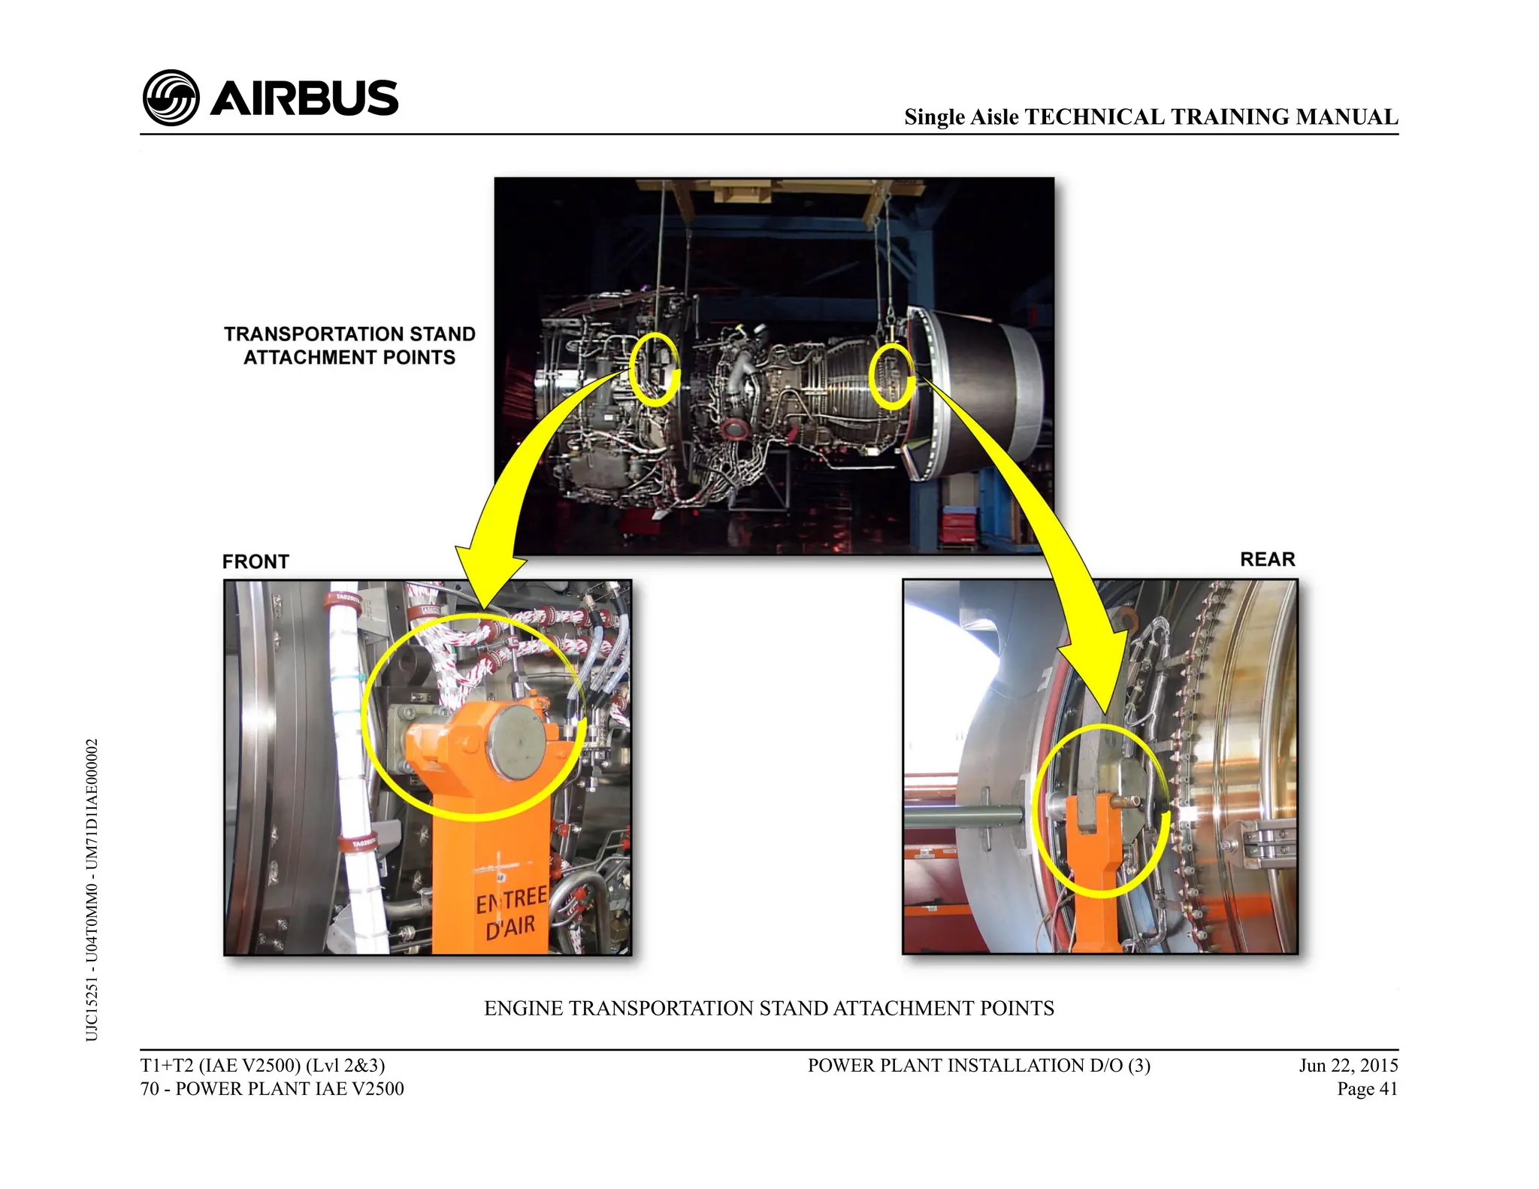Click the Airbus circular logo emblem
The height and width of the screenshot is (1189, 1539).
(x=171, y=98)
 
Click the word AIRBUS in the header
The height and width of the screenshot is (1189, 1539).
(x=304, y=98)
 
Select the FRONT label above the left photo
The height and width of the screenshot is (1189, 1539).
(x=255, y=561)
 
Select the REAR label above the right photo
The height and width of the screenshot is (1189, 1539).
(x=1267, y=559)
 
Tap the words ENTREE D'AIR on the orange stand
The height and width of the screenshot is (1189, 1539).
(x=511, y=912)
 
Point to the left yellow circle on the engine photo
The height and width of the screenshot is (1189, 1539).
(x=654, y=369)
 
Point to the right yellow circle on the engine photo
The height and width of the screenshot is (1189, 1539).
(x=891, y=377)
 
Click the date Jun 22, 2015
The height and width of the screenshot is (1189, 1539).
(x=1348, y=1065)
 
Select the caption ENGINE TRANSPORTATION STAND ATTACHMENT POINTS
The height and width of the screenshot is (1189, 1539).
(x=769, y=1008)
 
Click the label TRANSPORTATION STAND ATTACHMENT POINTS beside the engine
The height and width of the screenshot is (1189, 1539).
(x=349, y=345)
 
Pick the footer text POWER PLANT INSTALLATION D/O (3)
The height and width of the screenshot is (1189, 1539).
(x=978, y=1065)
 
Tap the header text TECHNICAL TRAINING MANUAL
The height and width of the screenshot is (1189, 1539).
(x=1211, y=116)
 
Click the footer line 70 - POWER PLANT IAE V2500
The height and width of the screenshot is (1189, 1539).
(x=272, y=1088)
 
